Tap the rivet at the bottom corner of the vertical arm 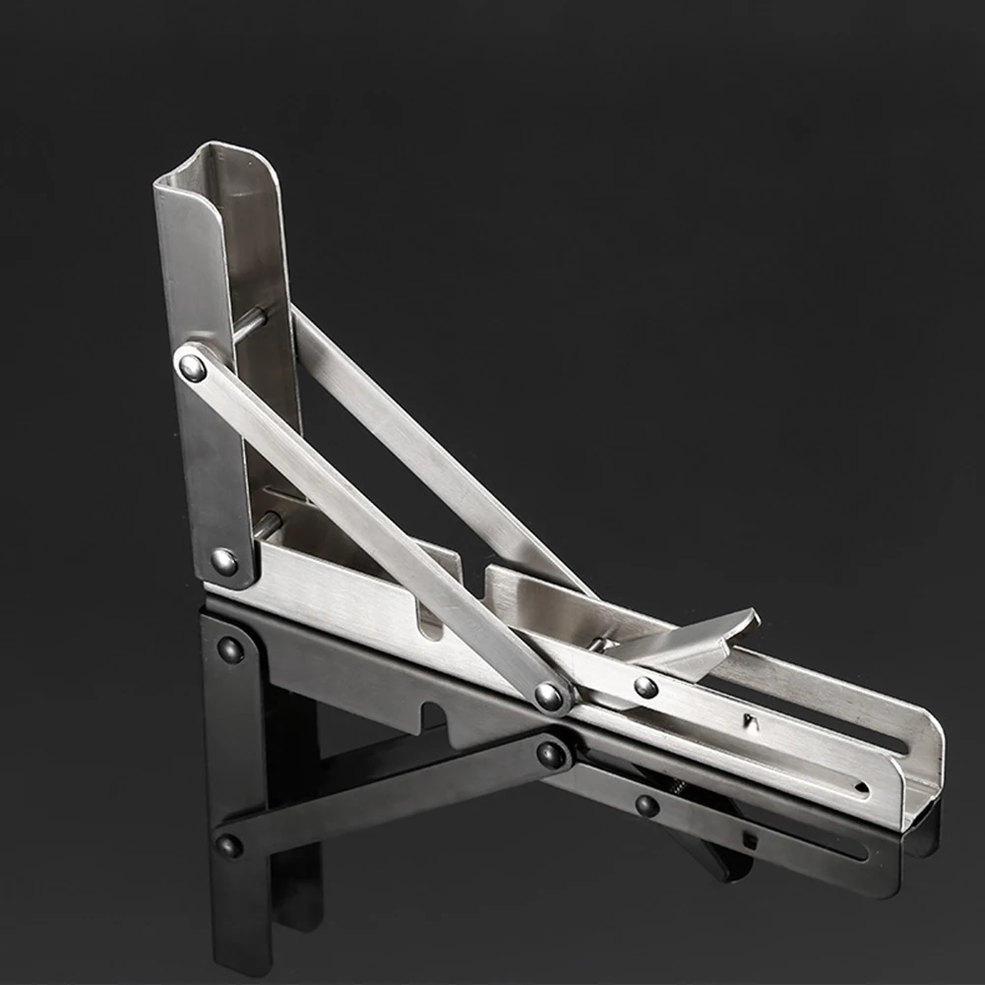224,562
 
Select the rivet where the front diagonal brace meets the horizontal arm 549,697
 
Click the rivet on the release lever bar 646,687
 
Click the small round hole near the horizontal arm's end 862,787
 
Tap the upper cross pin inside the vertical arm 252,323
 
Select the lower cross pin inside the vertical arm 268,524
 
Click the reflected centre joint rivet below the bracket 551,755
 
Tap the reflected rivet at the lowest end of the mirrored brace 229,845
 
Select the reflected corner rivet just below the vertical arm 230,649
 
